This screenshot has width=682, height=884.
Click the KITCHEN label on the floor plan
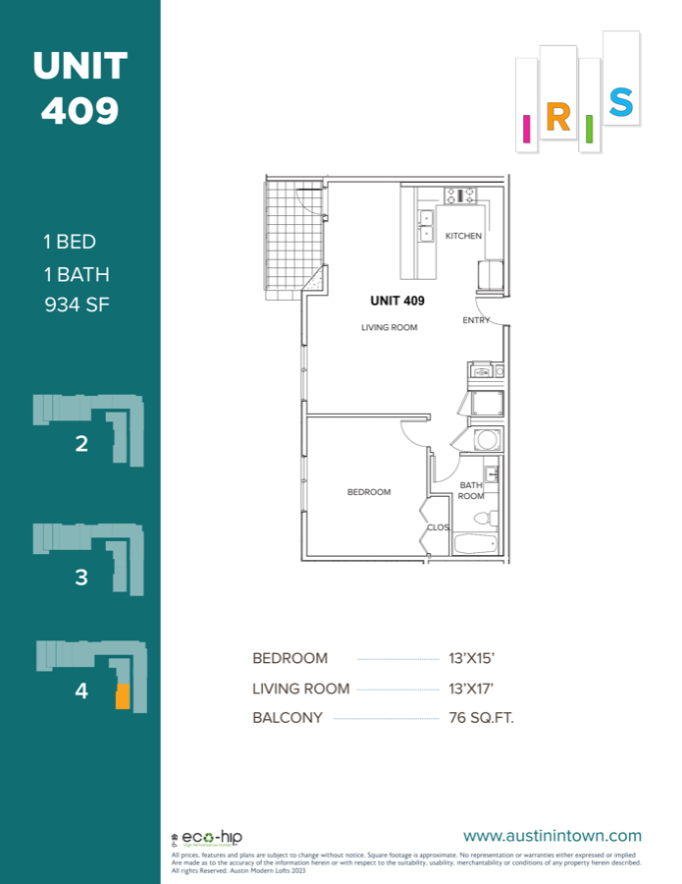coord(463,237)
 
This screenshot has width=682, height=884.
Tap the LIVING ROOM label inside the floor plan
coord(389,328)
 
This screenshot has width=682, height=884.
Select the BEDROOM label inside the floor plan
coord(369,492)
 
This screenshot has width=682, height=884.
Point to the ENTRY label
coord(476,320)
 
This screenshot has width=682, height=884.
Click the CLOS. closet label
coord(438,527)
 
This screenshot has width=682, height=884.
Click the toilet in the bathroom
coord(481,518)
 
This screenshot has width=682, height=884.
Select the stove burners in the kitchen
coord(459,194)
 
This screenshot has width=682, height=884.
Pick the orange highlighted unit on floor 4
coord(122,696)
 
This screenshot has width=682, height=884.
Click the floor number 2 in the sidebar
coord(81,444)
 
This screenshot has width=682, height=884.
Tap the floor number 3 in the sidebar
coord(81,578)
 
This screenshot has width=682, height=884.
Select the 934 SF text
coord(77,304)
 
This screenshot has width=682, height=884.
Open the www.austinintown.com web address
coord(551,836)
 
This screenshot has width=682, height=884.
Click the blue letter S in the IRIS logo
coord(620,101)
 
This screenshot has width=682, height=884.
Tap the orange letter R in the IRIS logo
coord(557,118)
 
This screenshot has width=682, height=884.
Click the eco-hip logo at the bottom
coord(212,838)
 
